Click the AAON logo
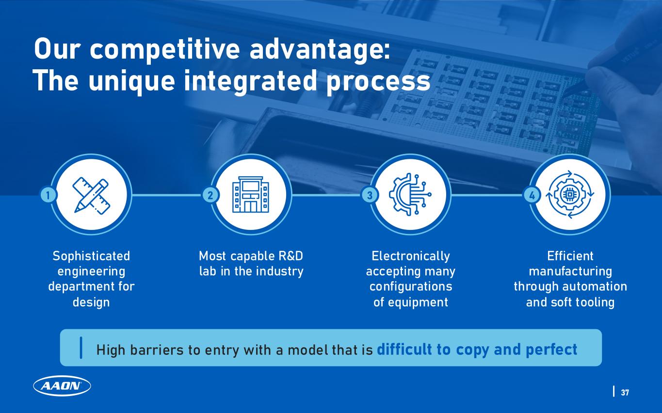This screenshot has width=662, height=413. (62, 386)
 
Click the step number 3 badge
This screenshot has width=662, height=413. (370, 195)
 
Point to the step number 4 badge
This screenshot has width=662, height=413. (532, 196)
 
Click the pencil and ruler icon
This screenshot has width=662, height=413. (91, 195)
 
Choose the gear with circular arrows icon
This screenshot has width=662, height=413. (570, 195)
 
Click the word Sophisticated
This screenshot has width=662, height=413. (91, 256)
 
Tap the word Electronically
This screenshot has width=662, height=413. (411, 256)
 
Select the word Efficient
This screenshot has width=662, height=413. (570, 256)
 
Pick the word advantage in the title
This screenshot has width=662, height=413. (321, 50)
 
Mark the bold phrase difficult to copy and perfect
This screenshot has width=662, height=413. (477, 349)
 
